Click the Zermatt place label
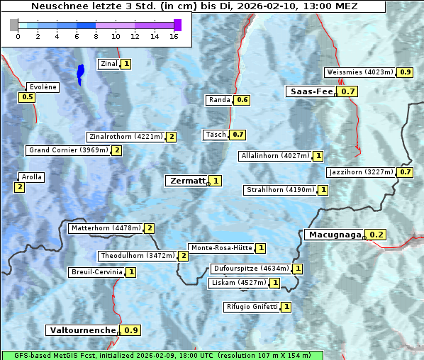[186, 181]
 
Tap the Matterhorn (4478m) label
[105, 228]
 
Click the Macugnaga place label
[334, 235]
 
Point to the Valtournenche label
[82, 330]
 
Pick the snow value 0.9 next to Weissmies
[406, 72]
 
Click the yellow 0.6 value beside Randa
[242, 100]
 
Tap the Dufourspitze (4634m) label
[251, 269]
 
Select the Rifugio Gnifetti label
[252, 307]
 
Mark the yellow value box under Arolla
[19, 187]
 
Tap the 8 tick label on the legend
[96, 35]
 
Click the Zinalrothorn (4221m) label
[125, 137]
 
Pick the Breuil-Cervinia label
[97, 272]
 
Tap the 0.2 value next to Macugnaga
[376, 235]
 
